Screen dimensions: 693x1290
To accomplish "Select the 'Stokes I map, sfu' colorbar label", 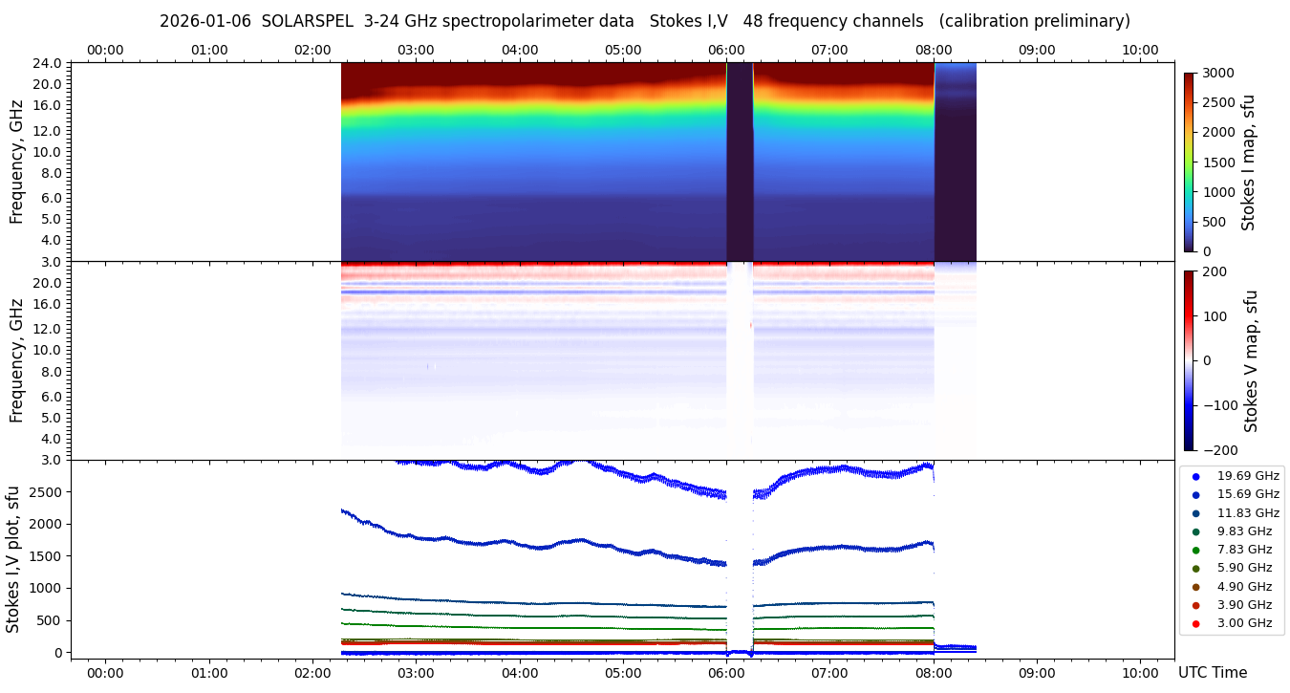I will click(x=1248, y=162).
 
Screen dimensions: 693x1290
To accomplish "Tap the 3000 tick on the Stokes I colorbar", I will click(x=1218, y=74).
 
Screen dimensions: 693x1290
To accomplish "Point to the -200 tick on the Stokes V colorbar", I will click(x=1220, y=450).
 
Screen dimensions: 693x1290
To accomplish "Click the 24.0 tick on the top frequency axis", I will click(x=49, y=63).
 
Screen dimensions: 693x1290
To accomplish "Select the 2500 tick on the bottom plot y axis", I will click(x=46, y=491).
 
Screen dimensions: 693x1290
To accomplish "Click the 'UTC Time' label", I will click(x=1213, y=673).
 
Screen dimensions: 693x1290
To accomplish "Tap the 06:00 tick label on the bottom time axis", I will click(x=726, y=673).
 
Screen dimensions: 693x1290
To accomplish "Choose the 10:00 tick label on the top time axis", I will click(x=1140, y=50).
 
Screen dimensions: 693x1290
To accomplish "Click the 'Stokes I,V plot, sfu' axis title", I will click(x=13, y=559).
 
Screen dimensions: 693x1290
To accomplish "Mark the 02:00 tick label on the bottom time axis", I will click(x=312, y=673).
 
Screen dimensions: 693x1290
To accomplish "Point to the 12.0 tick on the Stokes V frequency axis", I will click(x=49, y=328).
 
